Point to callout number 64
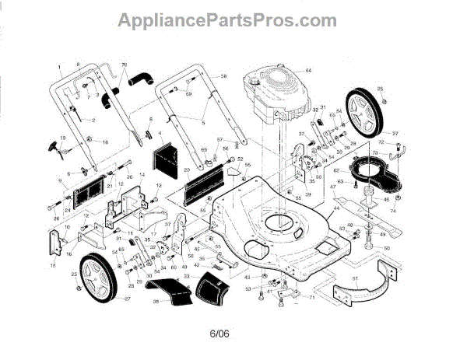click(307, 71)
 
